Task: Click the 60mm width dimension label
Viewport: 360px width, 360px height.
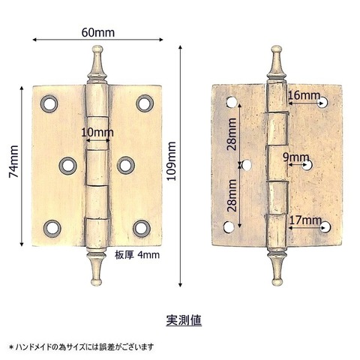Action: tap(98, 32)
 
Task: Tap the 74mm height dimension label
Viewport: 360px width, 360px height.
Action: tap(13, 161)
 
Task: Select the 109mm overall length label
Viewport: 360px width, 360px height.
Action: tap(172, 160)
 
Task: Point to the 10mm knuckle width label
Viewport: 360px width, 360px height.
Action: tap(97, 133)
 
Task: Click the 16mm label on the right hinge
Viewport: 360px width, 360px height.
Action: tap(304, 95)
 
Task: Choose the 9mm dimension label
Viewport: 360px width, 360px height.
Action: tap(296, 157)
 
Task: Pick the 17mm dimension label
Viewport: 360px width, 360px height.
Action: tap(305, 220)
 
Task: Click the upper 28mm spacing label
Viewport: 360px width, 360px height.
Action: tap(232, 134)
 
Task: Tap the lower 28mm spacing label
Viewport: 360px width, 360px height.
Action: tap(232, 196)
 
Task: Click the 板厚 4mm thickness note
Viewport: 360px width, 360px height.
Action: tap(137, 255)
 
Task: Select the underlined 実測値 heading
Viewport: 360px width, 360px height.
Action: tap(184, 320)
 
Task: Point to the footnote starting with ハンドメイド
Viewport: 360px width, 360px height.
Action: tap(82, 347)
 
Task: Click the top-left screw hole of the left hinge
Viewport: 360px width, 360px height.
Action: tap(49, 103)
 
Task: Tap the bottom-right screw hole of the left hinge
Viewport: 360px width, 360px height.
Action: tap(142, 229)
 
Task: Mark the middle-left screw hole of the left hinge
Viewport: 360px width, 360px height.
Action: tap(68, 166)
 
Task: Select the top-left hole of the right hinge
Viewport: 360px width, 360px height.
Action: tap(232, 102)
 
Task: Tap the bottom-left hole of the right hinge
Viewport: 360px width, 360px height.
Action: tap(229, 227)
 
